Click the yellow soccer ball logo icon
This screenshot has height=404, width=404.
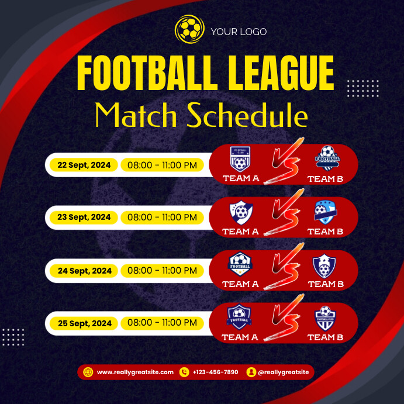pos(188,27)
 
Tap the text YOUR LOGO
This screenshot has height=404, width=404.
pos(239,32)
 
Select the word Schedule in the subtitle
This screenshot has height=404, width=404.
pos(247,116)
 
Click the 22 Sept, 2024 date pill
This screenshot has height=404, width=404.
pos(84,165)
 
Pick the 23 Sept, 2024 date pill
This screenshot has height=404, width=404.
pos(84,217)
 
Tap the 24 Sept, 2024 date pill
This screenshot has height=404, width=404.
pos(84,271)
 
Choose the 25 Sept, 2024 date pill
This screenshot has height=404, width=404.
pos(84,323)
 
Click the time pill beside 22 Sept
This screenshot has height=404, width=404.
pos(162,165)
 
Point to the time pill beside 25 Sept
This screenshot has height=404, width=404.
pos(162,323)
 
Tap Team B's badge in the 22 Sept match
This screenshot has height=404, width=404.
pos(327,158)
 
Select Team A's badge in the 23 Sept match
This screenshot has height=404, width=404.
pos(240,212)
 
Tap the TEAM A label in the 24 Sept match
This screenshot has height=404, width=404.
pos(240,284)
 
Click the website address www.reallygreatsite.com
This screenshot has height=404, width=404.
pos(135,372)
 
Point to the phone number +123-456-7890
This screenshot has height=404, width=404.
pos(215,372)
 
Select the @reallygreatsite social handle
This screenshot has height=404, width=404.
pos(284,372)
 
